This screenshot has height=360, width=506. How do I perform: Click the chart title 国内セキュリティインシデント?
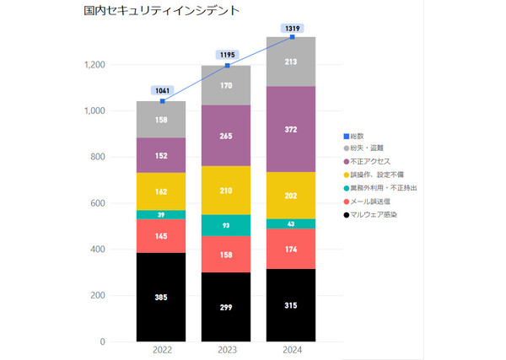161,12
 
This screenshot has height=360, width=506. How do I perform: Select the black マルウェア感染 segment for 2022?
161,297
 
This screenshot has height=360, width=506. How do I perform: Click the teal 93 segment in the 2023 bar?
227,225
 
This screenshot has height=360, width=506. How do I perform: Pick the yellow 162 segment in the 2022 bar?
161,191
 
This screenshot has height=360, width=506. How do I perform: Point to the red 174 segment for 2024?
292,249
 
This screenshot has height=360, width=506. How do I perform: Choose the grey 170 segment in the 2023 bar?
227,85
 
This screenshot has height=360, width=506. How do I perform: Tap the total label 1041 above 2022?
161,90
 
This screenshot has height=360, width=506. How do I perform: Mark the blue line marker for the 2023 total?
227,65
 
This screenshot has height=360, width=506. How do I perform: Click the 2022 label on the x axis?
161,350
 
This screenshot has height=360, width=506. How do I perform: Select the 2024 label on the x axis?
292,350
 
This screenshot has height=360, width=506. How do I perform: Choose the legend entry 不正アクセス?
370,161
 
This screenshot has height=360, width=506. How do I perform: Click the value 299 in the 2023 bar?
227,307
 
